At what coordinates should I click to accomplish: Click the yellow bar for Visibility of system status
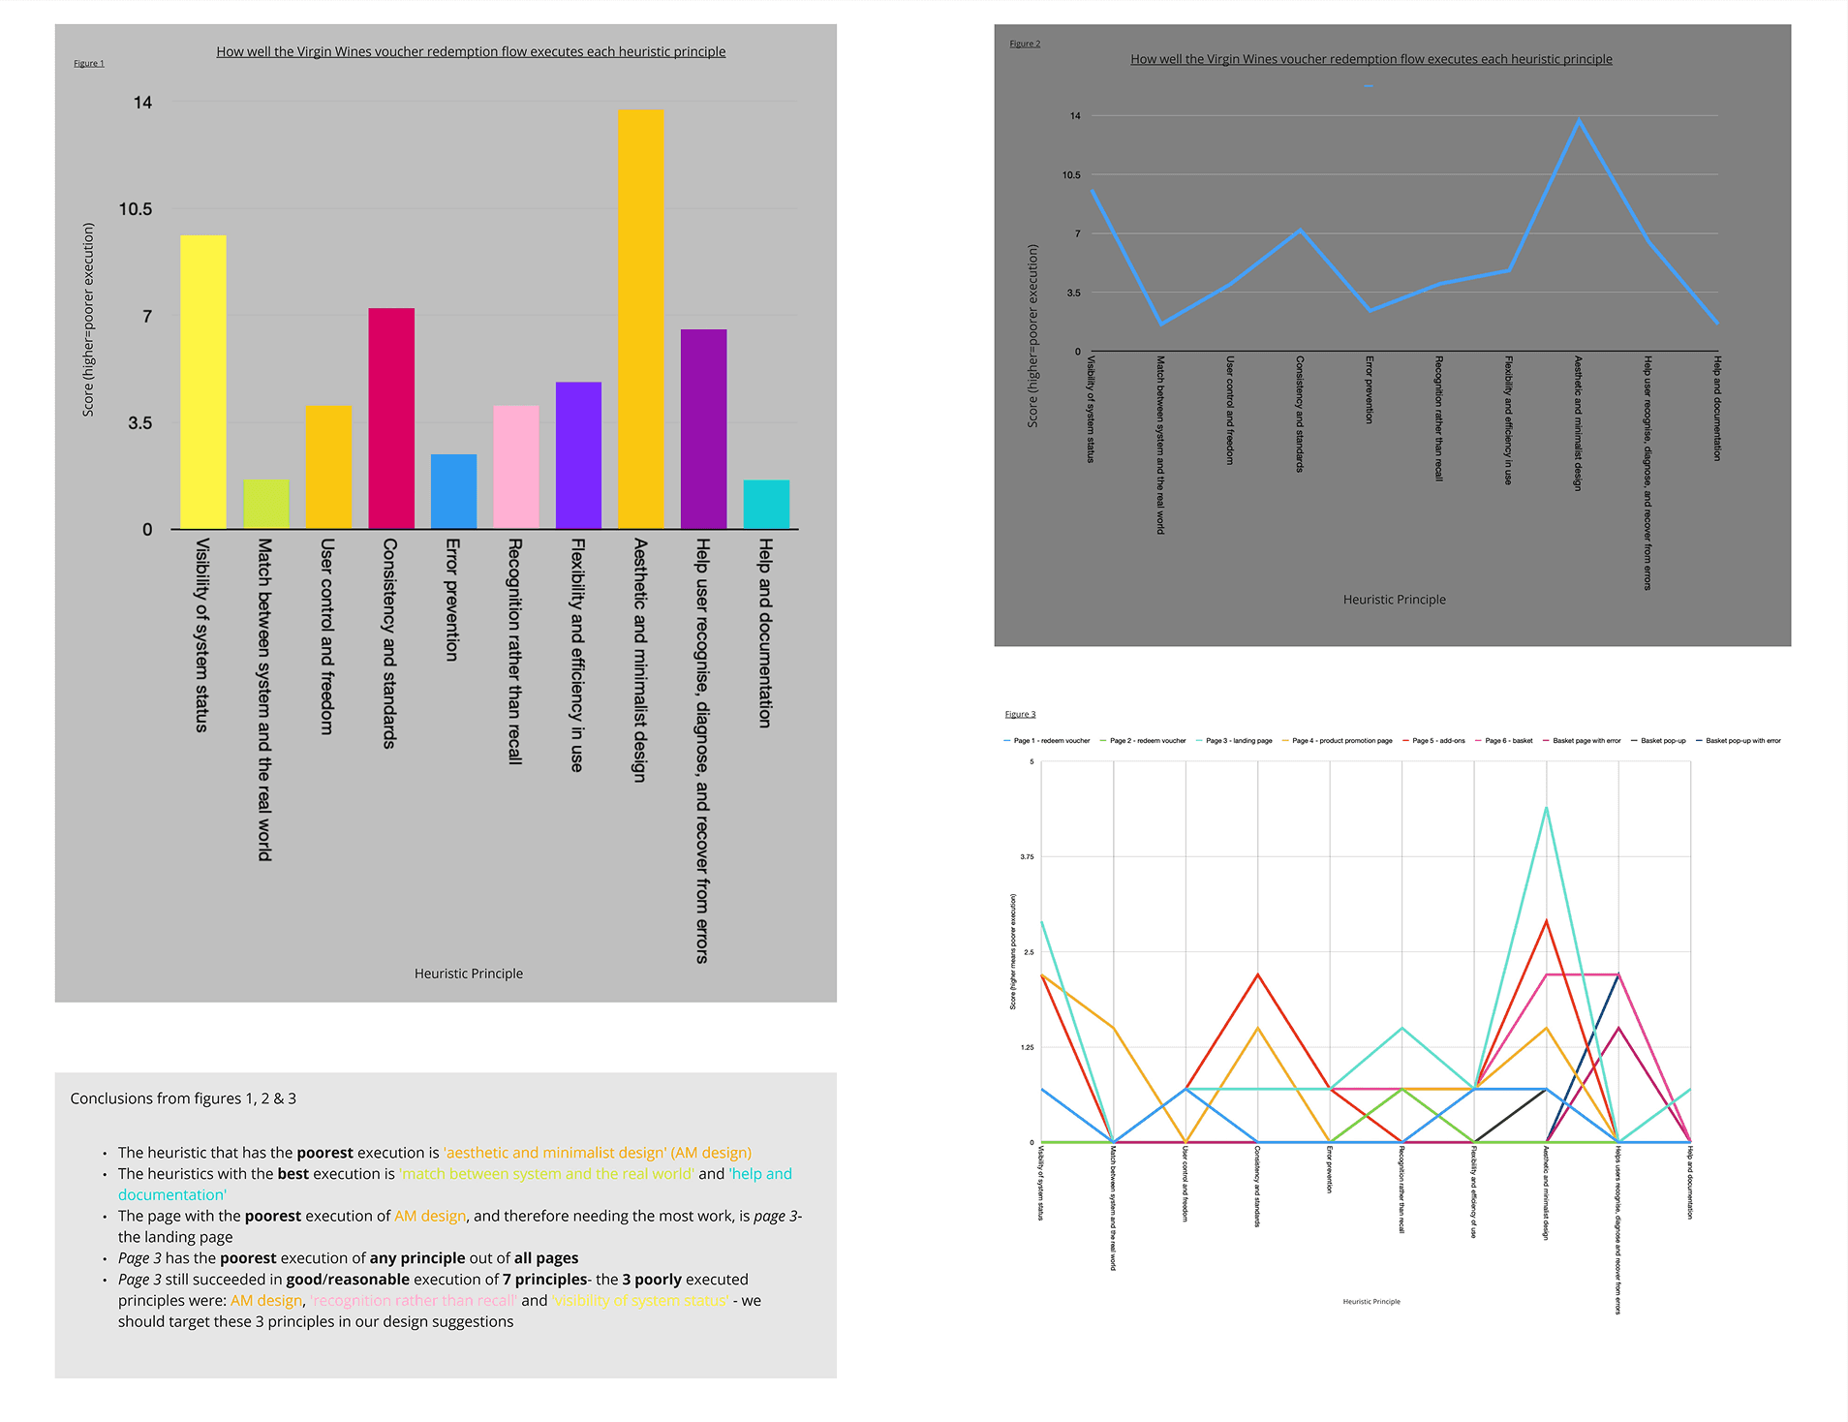coord(202,382)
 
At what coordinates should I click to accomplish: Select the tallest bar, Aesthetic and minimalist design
coord(640,319)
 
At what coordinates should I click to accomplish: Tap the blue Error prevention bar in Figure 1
coord(453,491)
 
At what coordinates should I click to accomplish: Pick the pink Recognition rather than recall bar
coord(515,467)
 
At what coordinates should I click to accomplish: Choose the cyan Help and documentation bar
coord(766,504)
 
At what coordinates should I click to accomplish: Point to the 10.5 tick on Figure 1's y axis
coord(136,209)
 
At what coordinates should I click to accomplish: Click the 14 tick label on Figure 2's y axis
coord(1075,116)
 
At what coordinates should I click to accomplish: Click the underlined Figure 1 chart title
coord(471,51)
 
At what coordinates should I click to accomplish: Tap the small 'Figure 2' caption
coord(1025,44)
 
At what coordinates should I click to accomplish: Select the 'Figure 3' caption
coord(1020,714)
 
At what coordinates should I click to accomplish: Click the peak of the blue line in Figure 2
coord(1579,120)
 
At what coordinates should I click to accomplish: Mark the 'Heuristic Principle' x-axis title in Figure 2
coord(1394,600)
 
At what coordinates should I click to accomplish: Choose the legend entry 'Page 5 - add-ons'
coord(1438,741)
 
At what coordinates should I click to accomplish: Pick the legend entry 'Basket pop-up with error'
coord(1742,741)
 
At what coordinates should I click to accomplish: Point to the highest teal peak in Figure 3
coord(1546,808)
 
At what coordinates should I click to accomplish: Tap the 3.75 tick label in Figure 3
coord(1027,857)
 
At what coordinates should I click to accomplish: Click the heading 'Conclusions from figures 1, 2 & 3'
coord(183,1098)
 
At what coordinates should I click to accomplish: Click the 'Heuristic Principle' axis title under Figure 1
coord(469,974)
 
